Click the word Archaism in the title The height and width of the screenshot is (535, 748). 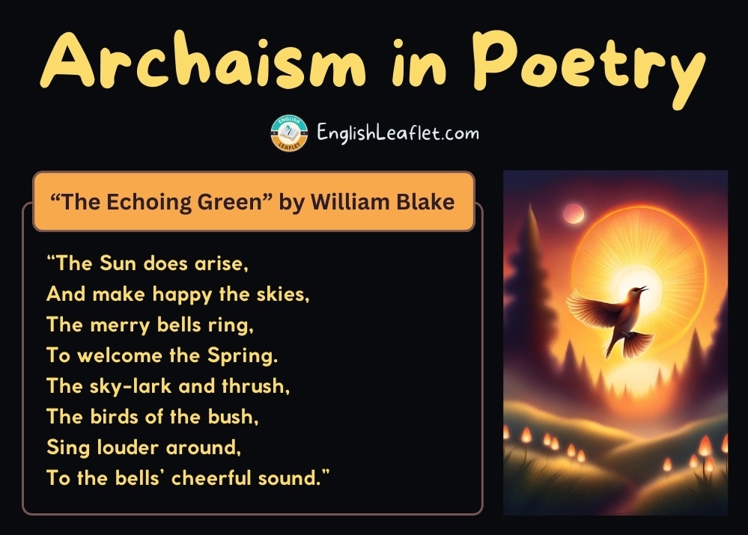[x=204, y=60]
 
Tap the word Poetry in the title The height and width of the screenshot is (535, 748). [x=589, y=67]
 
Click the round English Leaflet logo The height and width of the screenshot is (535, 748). [x=289, y=133]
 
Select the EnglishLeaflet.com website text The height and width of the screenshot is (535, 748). [x=398, y=132]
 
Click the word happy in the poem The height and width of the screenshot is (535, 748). [x=182, y=295]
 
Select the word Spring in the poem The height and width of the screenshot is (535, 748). [x=243, y=356]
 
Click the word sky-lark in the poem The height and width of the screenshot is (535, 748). [x=131, y=386]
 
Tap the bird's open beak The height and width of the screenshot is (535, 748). [x=643, y=289]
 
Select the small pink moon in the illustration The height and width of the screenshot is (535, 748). [x=573, y=213]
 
